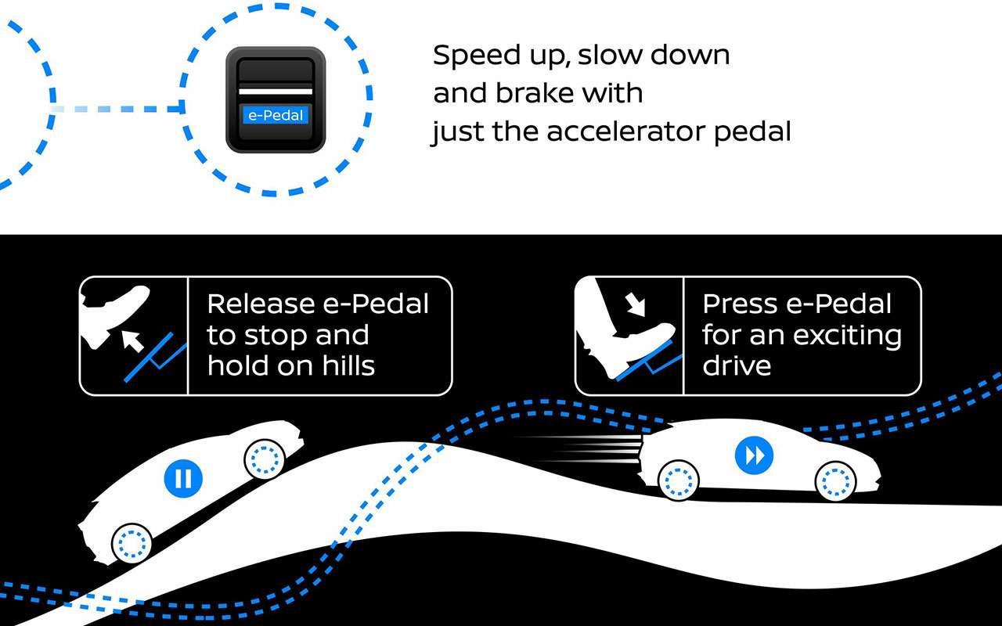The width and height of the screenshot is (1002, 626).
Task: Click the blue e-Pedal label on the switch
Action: coord(276,115)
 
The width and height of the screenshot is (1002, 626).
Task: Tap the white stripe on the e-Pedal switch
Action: coord(276,92)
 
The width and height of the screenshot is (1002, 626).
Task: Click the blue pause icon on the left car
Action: coord(183,478)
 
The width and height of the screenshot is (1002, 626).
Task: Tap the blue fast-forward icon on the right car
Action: coord(754,455)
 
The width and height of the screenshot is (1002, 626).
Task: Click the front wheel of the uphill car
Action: coord(265,459)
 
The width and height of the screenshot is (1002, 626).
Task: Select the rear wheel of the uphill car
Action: coord(132,543)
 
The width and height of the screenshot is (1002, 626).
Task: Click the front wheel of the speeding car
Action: coord(835,481)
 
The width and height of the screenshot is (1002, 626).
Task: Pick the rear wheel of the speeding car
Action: coord(678,480)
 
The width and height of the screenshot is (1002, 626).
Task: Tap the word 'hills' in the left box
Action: coord(348,365)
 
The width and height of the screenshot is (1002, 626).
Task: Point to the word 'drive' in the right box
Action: coord(737,365)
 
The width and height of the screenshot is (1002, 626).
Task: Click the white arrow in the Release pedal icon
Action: coord(133,341)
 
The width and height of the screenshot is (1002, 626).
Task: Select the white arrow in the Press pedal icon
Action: coord(635,304)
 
